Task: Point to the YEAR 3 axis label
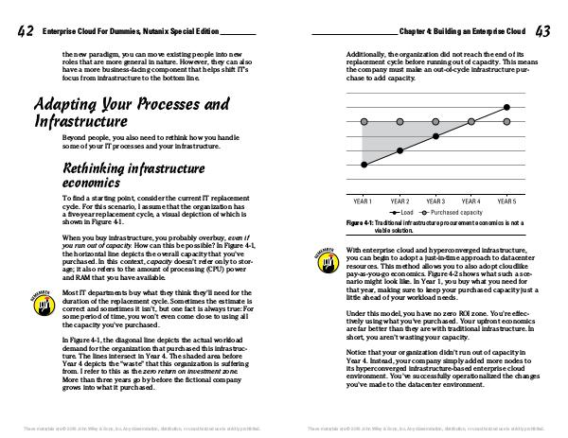pos(435,201)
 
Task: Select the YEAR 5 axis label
pos(506,201)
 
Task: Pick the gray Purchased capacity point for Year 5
pos(506,122)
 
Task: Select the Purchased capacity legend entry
pos(453,212)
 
